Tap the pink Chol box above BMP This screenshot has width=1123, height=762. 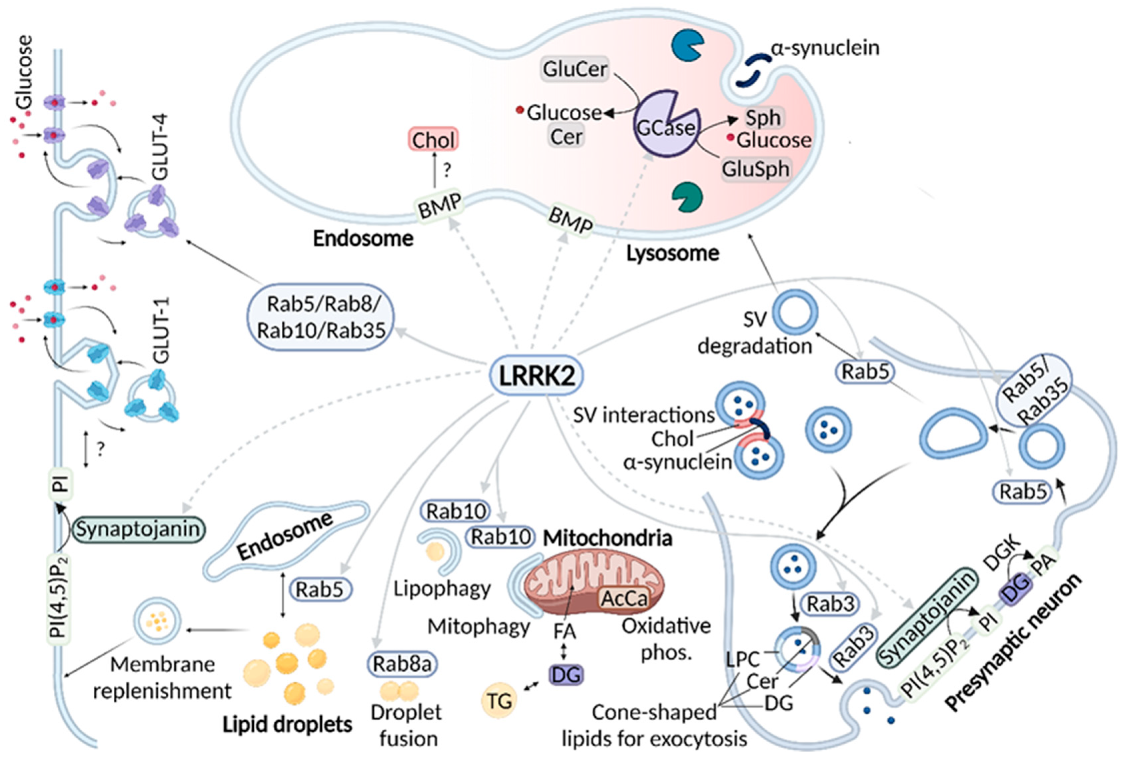tap(433, 140)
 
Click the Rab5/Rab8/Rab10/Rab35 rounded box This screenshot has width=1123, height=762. tap(321, 317)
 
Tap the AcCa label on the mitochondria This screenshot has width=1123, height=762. tap(624, 598)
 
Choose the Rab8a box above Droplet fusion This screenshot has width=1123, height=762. tap(402, 664)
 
